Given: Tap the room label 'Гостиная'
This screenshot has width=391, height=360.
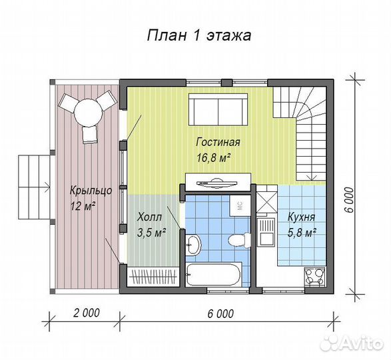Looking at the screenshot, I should (218, 143).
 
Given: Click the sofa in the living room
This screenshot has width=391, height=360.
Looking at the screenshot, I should (218, 109).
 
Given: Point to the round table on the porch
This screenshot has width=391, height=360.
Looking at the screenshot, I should (87, 112).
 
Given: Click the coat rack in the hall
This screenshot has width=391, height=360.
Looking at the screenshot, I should (153, 275).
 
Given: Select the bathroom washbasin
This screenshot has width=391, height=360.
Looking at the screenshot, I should (193, 244).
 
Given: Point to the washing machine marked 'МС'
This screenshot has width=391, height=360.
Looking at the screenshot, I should (238, 205).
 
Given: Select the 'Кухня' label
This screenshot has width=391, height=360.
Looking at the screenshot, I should (302, 217).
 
